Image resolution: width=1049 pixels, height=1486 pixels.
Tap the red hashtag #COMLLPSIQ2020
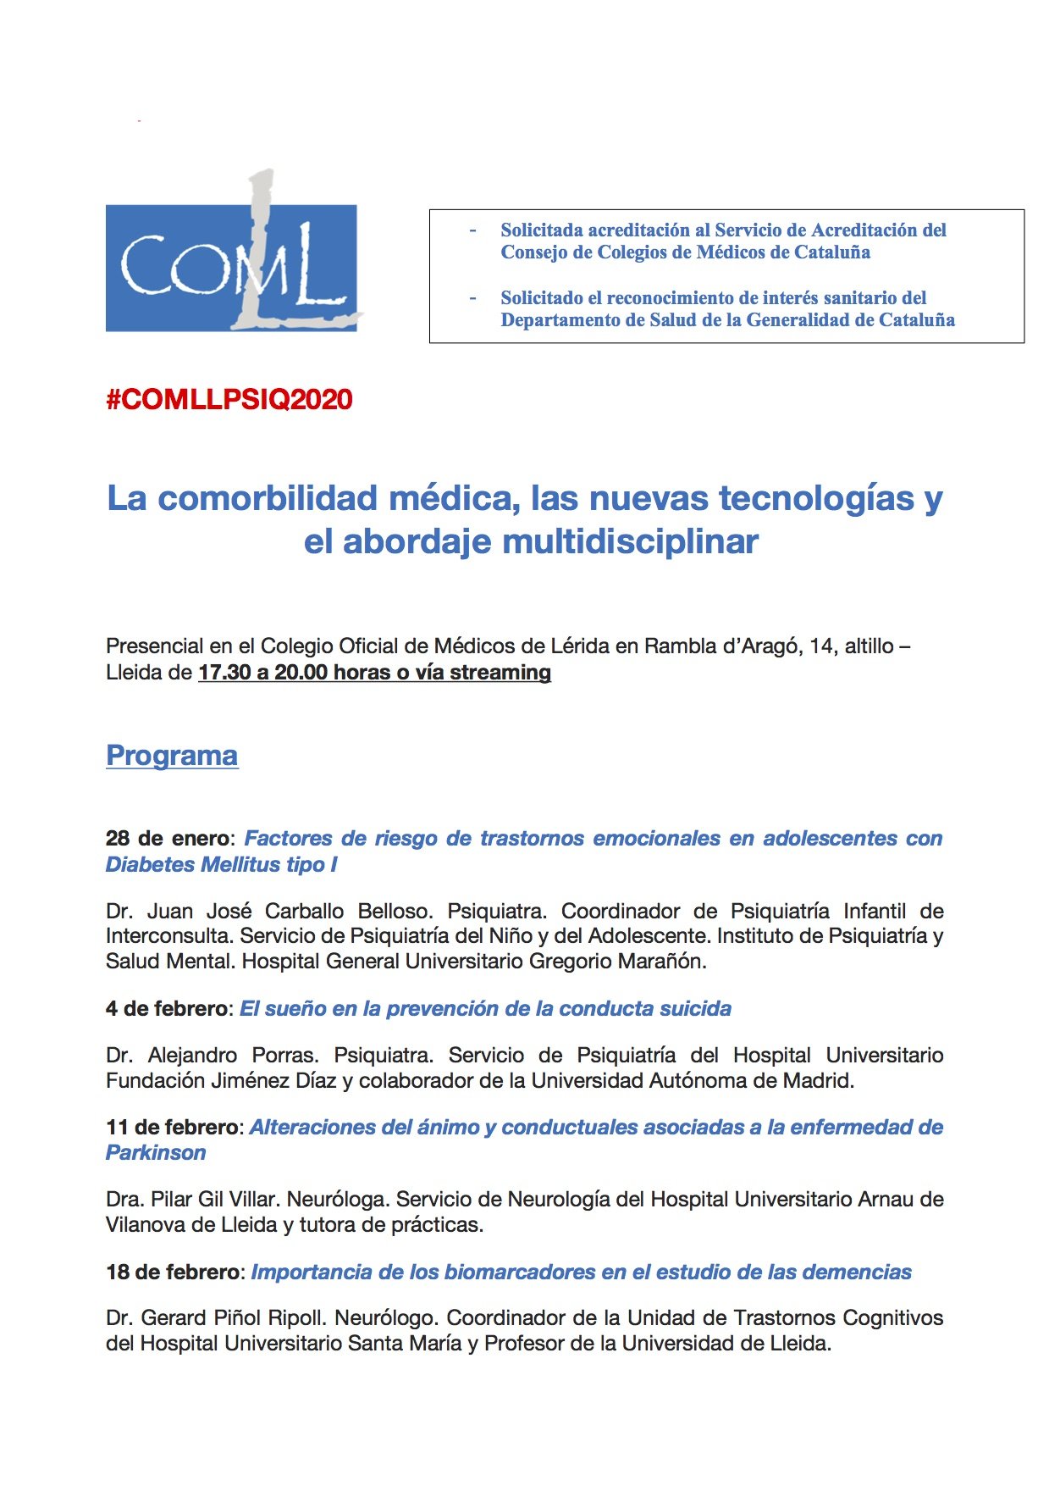(x=229, y=399)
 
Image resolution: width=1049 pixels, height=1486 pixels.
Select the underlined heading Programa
(x=172, y=755)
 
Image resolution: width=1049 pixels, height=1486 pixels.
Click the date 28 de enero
(x=167, y=838)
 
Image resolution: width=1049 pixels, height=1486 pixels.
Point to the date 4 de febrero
(x=167, y=1008)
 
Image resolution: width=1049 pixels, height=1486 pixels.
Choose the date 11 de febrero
(x=172, y=1127)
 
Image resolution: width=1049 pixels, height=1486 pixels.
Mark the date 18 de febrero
(x=173, y=1272)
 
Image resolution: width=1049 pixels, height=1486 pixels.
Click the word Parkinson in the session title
(x=156, y=1152)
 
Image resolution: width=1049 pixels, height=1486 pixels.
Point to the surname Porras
(x=285, y=1055)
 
